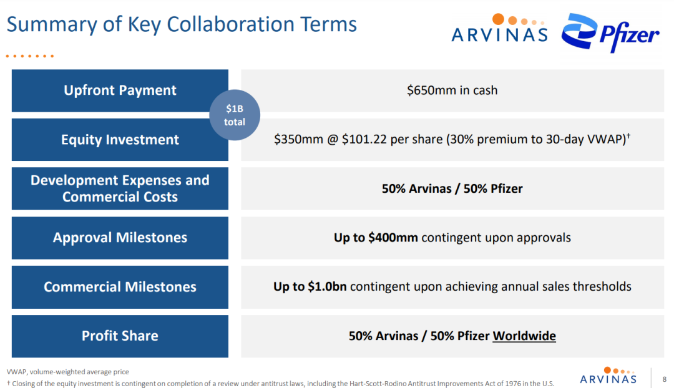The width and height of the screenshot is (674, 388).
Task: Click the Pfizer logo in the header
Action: point(610,32)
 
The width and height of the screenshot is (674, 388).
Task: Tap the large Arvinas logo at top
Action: point(499,28)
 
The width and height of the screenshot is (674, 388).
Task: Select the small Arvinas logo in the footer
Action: point(608,376)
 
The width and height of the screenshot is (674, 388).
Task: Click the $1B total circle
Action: point(235,115)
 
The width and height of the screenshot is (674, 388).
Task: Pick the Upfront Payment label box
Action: point(120,90)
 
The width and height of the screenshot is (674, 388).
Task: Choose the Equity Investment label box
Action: point(120,140)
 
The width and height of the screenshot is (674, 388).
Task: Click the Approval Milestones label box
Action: point(120,238)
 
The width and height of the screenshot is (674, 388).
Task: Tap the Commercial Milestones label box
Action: point(120,287)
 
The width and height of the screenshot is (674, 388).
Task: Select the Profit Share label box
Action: point(120,336)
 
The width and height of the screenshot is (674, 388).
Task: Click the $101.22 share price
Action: point(364,139)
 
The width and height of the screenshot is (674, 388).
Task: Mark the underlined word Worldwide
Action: point(524,336)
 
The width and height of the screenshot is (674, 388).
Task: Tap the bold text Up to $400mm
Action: point(376,238)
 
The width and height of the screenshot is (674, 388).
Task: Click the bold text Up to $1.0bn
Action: point(310,286)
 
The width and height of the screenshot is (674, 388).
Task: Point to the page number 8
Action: point(664,379)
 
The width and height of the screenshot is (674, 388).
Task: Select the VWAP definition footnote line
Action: point(68,372)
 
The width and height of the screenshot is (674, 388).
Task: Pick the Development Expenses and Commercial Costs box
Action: point(120,188)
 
